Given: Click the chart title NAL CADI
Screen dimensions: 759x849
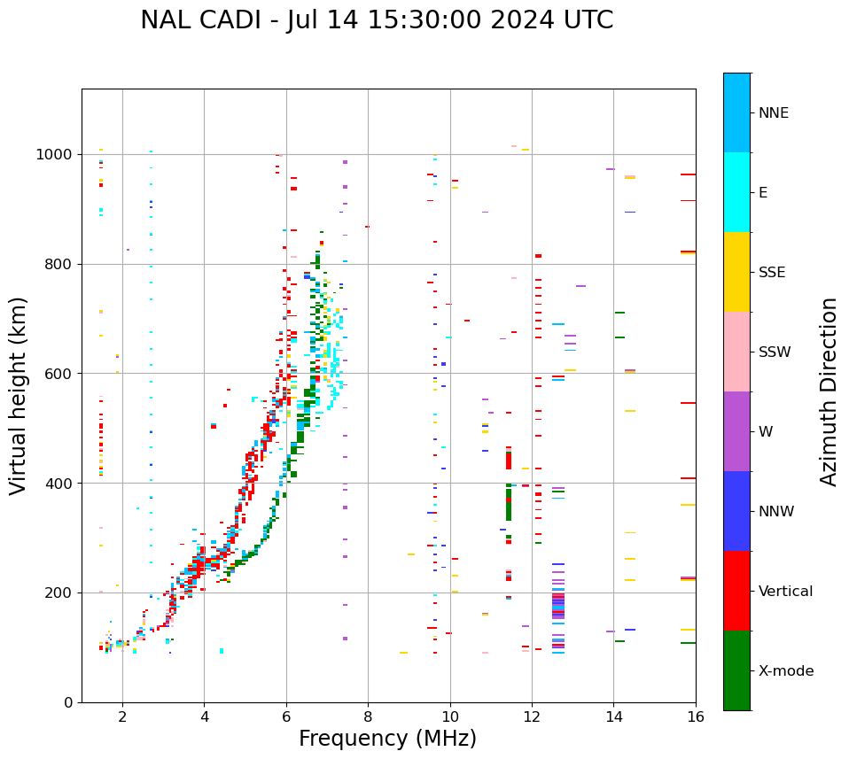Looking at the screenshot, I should pyautogui.click(x=376, y=20).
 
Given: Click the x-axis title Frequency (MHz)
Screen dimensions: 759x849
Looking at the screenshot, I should pyautogui.click(x=387, y=739).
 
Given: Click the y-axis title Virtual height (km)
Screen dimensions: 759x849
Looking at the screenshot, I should pyautogui.click(x=19, y=396).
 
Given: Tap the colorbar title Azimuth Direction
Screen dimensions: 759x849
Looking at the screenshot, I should pyautogui.click(x=829, y=391).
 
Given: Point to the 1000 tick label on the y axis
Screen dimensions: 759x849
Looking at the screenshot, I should pyautogui.click(x=55, y=155).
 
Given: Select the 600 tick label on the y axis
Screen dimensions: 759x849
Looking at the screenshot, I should pyautogui.click(x=58, y=374).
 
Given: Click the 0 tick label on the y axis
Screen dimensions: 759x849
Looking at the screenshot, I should pyautogui.click(x=67, y=702).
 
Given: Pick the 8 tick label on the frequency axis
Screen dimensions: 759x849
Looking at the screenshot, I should pyautogui.click(x=368, y=717).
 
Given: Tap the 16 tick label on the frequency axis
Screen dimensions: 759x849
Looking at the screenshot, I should pyautogui.click(x=696, y=717).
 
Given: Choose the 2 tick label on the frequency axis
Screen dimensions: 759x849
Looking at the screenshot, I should pyautogui.click(x=122, y=717).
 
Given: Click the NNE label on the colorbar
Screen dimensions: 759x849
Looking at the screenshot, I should pyautogui.click(x=773, y=113).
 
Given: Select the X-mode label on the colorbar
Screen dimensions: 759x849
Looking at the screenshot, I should pyautogui.click(x=786, y=671).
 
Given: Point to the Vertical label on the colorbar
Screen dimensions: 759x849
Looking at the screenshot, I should pyautogui.click(x=785, y=592).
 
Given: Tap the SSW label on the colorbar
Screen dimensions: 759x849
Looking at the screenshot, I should pyautogui.click(x=775, y=352).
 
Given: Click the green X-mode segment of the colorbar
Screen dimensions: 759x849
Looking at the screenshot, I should pyautogui.click(x=736, y=670).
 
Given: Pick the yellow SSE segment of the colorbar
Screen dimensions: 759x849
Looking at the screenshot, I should pyautogui.click(x=736, y=272).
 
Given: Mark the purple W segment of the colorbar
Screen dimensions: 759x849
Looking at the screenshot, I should pyautogui.click(x=736, y=431).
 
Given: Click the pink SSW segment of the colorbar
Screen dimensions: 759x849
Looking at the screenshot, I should pyautogui.click(x=736, y=352).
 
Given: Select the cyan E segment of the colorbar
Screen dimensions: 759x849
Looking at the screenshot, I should pyautogui.click(x=736, y=192).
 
